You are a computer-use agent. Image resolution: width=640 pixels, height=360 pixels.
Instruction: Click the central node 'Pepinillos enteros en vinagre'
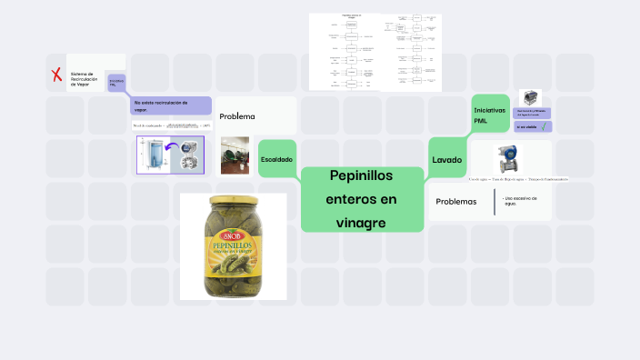pos(363,198)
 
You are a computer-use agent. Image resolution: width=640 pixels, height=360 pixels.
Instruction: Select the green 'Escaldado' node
pos(277,159)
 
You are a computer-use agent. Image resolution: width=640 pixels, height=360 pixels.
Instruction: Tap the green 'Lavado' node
pos(447,159)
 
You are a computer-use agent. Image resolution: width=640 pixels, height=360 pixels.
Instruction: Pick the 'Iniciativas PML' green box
pos(486,115)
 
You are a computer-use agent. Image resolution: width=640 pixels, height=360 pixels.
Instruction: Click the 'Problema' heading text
pos(237,116)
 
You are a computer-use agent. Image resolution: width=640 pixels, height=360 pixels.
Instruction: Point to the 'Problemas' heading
pos(456,201)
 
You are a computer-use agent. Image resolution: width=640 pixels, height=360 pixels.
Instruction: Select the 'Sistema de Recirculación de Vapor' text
pos(84,78)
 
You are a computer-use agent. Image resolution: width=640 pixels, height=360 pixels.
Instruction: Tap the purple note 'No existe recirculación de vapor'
pos(171,105)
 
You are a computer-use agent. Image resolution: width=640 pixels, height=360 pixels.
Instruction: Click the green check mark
pos(543,126)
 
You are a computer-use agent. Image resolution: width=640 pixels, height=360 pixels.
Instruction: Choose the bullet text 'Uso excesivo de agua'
pos(521,200)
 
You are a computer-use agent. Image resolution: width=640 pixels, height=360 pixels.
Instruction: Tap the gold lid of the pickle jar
pos(233,201)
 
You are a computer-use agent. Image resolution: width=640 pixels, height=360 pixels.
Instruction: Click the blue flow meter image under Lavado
pos(506,160)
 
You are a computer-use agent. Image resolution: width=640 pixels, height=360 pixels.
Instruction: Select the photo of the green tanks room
pos(235,155)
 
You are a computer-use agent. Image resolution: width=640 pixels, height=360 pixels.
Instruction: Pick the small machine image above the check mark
pos(529,96)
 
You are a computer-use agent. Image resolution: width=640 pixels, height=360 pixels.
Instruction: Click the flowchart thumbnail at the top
pos(375,52)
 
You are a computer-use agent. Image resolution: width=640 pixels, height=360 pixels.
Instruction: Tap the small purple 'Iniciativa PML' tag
pos(117,83)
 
